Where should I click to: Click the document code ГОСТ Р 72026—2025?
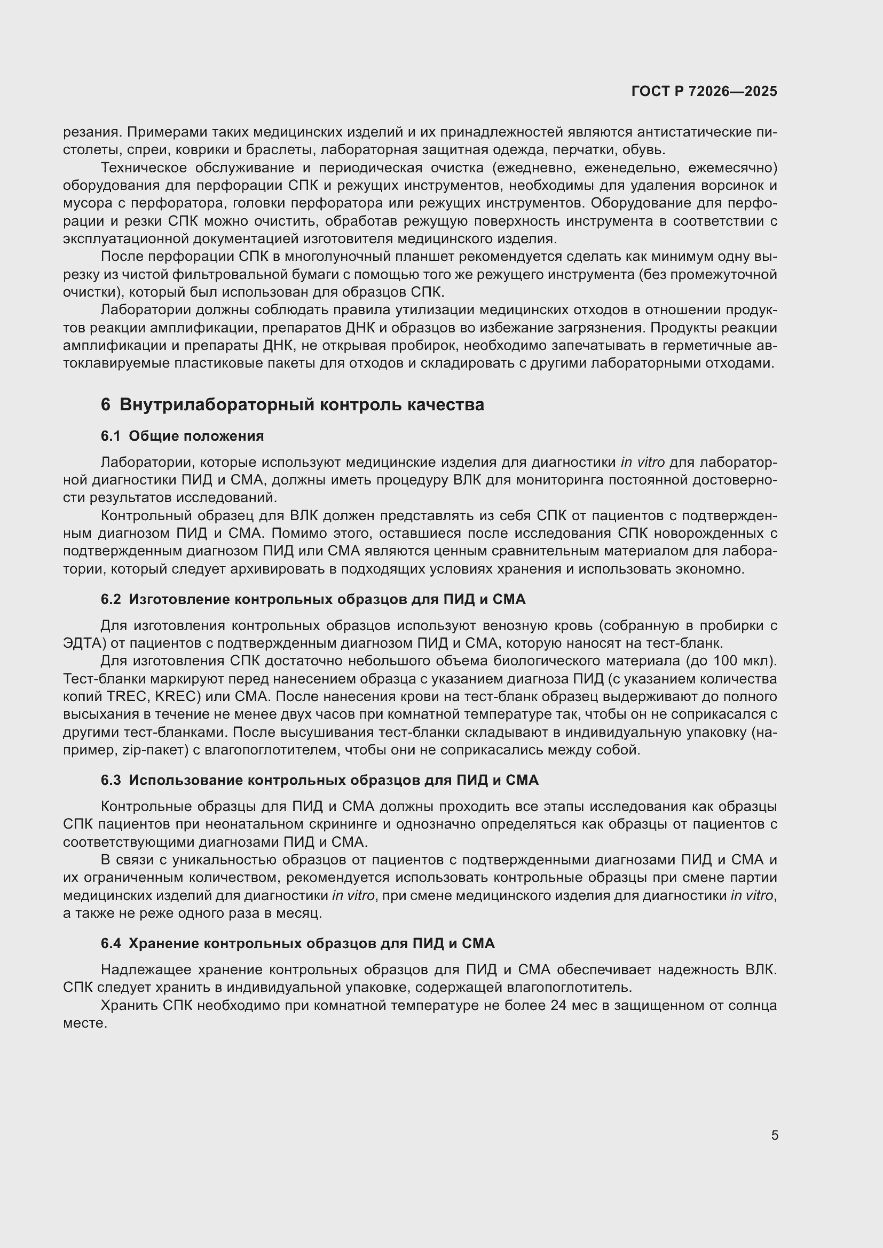tap(704, 91)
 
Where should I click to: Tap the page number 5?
tap(775, 1135)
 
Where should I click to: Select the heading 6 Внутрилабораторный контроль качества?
tap(292, 405)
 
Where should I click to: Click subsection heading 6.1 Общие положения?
tap(182, 436)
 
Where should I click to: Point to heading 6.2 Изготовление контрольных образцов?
tap(313, 599)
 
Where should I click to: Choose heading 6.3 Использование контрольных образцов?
tap(319, 780)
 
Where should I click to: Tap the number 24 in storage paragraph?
tap(558, 1006)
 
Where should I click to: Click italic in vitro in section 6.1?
tap(642, 463)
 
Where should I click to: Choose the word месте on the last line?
tap(84, 1023)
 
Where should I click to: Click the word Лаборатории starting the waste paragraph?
tap(143, 311)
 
